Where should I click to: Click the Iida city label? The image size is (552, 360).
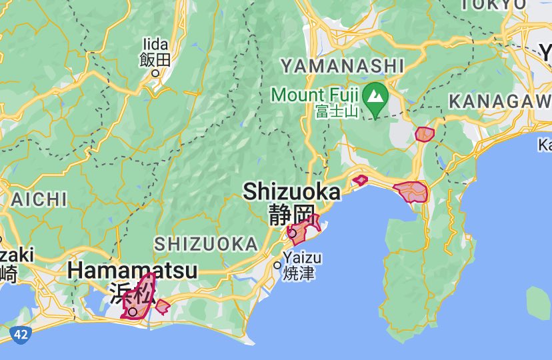pos(155,45)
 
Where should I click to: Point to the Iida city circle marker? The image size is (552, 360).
pos(155,73)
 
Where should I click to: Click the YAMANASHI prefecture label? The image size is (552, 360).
pos(342,65)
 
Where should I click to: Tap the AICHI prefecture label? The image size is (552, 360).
pos(39,199)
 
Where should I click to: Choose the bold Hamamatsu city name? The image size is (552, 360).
pos(133,271)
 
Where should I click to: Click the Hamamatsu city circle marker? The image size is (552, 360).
pos(133,311)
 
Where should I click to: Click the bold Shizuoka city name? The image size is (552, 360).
pos(291,192)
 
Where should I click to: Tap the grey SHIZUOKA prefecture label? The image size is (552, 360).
pos(206,244)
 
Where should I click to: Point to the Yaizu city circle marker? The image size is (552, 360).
pos(277,265)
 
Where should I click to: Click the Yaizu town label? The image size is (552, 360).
pos(302,258)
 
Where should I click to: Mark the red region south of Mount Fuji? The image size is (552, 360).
pos(424,134)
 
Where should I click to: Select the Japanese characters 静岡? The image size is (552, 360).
pos(291,215)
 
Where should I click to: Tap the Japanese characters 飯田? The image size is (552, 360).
pos(155,60)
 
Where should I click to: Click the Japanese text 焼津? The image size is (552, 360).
pos(299,273)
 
